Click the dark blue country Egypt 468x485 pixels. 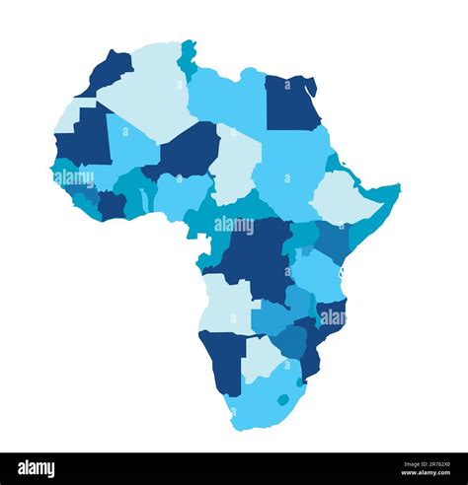click(x=290, y=104)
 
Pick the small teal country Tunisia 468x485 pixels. click(x=187, y=58)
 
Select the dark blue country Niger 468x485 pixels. click(x=188, y=153)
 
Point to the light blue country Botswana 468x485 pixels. click(x=261, y=358)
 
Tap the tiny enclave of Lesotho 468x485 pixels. click(x=283, y=400)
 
